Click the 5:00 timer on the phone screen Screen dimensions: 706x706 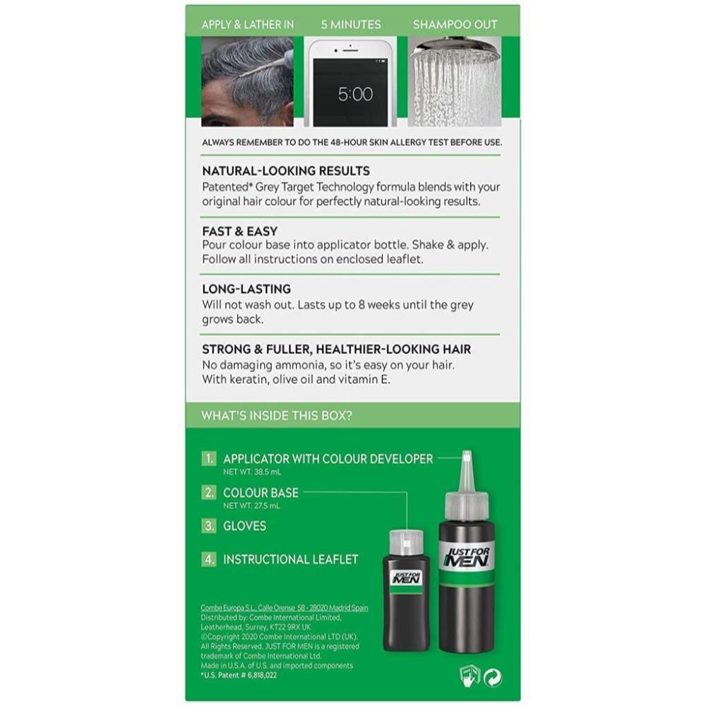355,94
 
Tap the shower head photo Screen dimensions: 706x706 454,81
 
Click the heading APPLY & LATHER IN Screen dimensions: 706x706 248,25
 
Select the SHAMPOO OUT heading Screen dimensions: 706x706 455,25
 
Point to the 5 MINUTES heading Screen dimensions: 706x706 351,25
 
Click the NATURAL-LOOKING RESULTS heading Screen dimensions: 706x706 286,171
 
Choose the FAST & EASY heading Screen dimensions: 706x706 239,232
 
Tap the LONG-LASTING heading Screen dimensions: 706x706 246,289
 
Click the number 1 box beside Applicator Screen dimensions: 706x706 209,459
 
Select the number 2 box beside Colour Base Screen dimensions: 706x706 209,493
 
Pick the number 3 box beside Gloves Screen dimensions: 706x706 209,526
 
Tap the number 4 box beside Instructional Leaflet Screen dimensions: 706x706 209,559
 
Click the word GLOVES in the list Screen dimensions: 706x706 244,526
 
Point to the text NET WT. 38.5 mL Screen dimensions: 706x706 252,472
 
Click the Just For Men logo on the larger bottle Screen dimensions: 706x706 467,557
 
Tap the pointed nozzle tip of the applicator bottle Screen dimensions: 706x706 467,453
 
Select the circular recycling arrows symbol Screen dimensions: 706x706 493,678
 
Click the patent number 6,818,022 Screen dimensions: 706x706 259,675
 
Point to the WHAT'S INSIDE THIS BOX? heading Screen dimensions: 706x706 277,415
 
